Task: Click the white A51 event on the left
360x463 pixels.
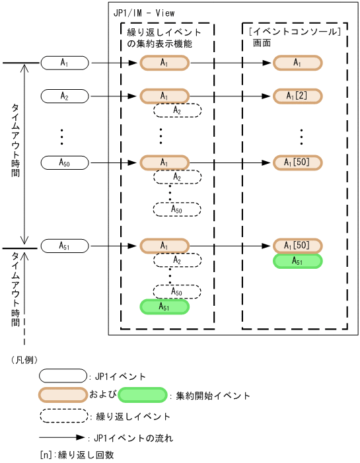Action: [x=65, y=246]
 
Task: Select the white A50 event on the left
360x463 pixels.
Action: [x=65, y=162]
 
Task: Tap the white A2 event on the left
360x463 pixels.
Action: [x=65, y=96]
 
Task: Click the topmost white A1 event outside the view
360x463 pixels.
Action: [x=65, y=63]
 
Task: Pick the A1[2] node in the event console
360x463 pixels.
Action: [x=298, y=96]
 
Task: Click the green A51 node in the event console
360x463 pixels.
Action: [x=298, y=262]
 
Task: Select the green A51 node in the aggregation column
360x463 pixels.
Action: [x=164, y=306]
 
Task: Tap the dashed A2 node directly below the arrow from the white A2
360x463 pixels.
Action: [x=177, y=111]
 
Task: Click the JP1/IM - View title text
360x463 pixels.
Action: [x=145, y=13]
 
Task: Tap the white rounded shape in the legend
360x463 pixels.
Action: [x=63, y=376]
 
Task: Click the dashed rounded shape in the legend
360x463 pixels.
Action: [x=63, y=415]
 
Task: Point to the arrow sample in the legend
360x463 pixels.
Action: [x=62, y=437]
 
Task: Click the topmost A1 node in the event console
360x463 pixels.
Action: [x=298, y=63]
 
